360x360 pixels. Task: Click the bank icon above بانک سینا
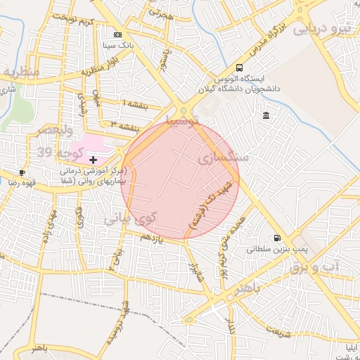point(117,34)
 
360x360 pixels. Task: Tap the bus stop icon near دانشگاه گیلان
point(240,68)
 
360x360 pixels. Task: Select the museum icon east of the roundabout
point(265,115)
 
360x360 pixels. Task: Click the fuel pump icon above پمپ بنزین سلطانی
point(277,238)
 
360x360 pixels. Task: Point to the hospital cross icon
point(94,160)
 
